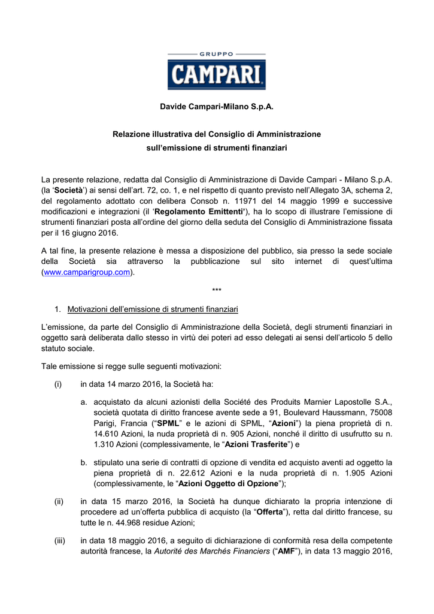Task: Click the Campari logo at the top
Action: (x=217, y=76)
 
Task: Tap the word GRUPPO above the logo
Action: (x=217, y=54)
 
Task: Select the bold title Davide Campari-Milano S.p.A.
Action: (x=217, y=107)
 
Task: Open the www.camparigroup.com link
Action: (x=86, y=272)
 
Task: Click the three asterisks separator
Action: (x=217, y=291)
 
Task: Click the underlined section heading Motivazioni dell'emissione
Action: (x=153, y=309)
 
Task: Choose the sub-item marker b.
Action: (x=84, y=462)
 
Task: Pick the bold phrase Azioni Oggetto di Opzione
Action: (x=229, y=483)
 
